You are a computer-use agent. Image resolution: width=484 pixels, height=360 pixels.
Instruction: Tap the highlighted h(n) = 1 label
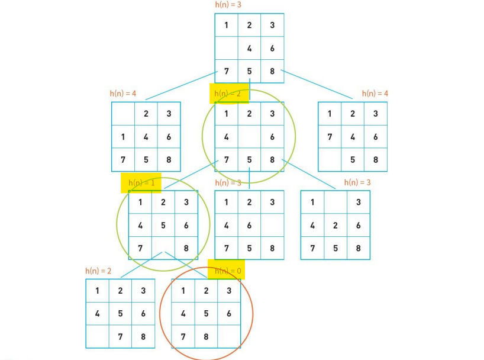[x=141, y=183]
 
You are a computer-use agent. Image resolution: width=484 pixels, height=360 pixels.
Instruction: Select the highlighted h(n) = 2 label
[x=228, y=94]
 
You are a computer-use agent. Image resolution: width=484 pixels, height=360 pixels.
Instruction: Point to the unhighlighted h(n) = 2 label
[x=98, y=271]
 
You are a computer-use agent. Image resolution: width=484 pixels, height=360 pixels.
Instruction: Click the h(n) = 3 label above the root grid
[x=228, y=5]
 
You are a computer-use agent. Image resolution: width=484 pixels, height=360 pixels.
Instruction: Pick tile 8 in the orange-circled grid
[x=206, y=337]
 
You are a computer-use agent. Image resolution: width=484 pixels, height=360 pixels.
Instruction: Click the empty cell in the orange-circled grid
[x=229, y=337]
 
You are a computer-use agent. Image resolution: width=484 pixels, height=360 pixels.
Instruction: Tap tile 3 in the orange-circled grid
[x=229, y=291]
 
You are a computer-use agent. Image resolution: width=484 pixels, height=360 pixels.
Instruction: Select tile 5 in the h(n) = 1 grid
[x=163, y=226]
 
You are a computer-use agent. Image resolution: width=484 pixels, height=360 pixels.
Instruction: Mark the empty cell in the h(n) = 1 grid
[x=163, y=249]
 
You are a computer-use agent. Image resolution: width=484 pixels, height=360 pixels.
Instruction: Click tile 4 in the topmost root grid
[x=250, y=49]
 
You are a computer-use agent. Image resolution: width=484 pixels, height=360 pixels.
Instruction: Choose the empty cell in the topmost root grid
[x=227, y=49]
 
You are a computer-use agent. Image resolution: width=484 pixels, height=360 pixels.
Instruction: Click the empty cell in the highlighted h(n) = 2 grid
[x=250, y=137]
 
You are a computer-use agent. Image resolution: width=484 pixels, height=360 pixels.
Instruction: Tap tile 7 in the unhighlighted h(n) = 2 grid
[x=120, y=337]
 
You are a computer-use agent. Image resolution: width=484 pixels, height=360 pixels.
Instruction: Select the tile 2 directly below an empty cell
[x=335, y=226]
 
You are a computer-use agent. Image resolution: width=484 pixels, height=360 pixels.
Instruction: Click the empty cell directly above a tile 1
[x=123, y=114]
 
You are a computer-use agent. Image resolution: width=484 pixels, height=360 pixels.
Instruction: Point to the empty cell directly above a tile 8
[x=272, y=226]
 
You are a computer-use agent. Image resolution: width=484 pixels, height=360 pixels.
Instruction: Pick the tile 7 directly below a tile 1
[x=330, y=137]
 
